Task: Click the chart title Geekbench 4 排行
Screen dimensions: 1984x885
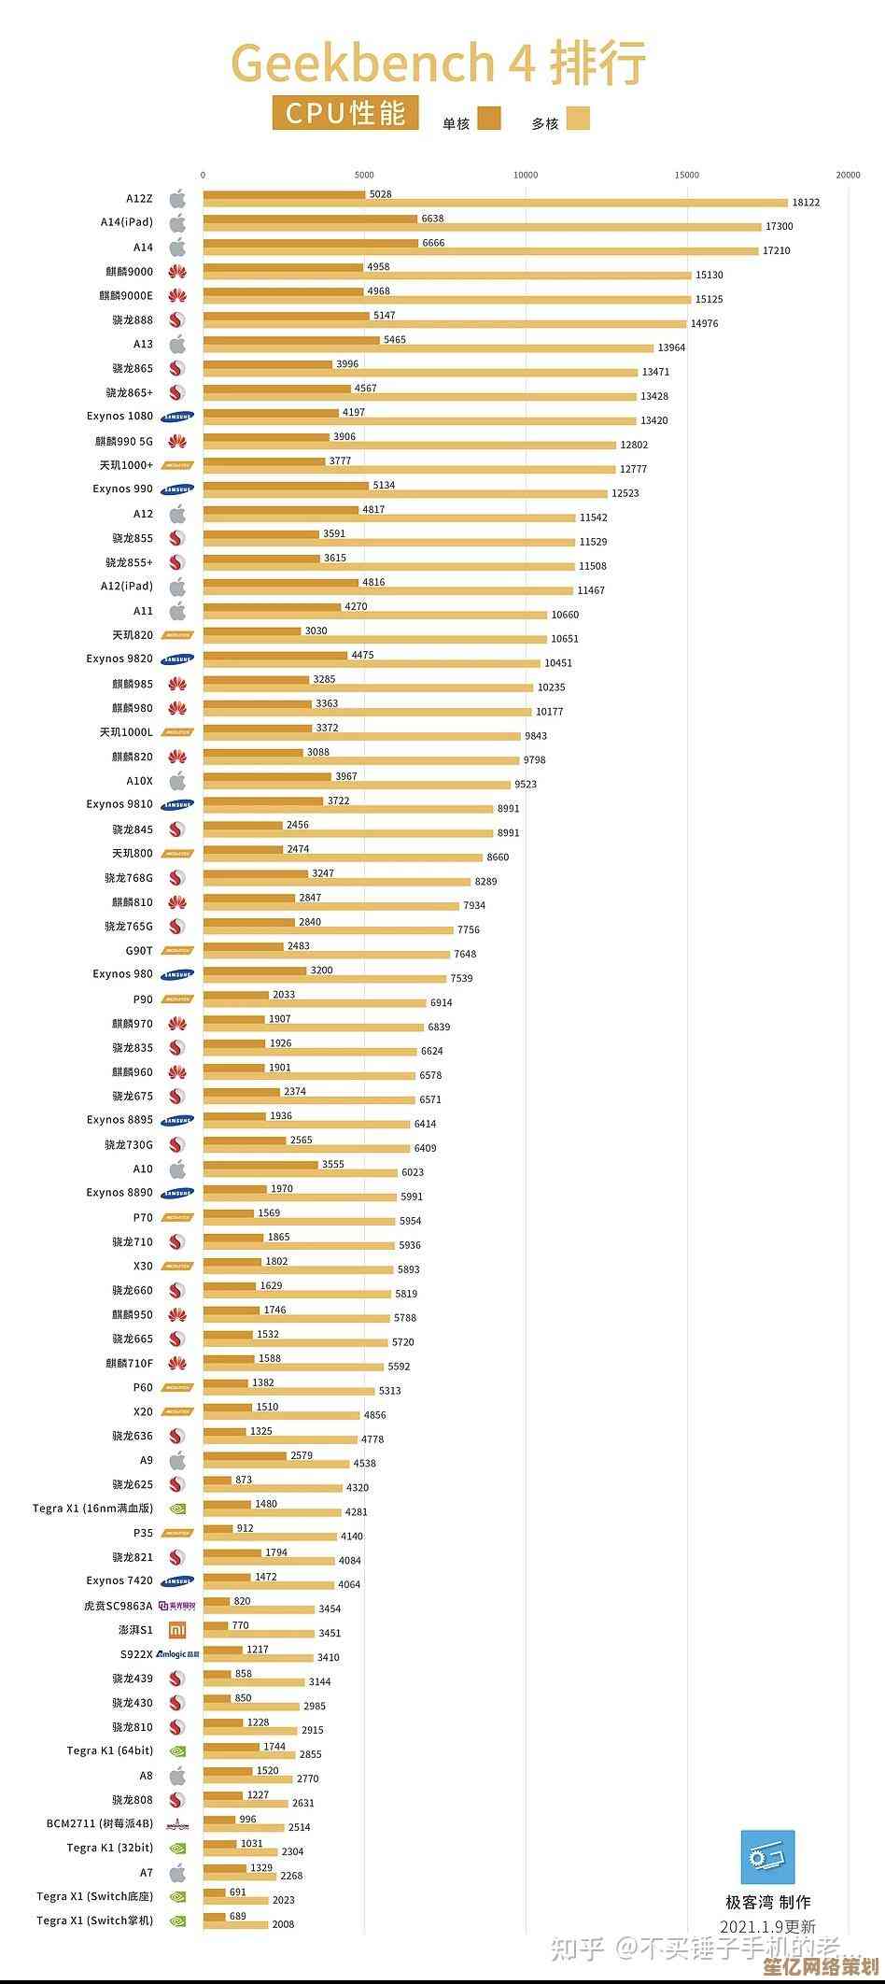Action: pyautogui.click(x=439, y=64)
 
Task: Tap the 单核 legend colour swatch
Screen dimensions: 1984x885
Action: pyautogui.click(x=489, y=118)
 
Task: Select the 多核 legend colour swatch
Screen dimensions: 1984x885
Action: pyautogui.click(x=578, y=118)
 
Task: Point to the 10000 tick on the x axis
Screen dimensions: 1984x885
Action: pyautogui.click(x=526, y=175)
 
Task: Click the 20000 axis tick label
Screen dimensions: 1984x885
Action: pyautogui.click(x=848, y=175)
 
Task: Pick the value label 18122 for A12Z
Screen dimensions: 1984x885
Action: pyautogui.click(x=806, y=203)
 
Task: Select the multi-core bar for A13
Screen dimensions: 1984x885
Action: pyautogui.click(x=428, y=347)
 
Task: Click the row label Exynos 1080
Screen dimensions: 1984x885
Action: pyautogui.click(x=119, y=417)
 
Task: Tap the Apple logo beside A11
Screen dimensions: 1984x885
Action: pyautogui.click(x=177, y=611)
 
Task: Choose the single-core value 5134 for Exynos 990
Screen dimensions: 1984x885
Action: pyautogui.click(x=384, y=486)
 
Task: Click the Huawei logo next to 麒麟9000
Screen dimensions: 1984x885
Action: pyautogui.click(x=177, y=272)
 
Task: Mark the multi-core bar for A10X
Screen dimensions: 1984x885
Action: pyautogui.click(x=357, y=785)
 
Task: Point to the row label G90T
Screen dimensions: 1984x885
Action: pyautogui.click(x=139, y=951)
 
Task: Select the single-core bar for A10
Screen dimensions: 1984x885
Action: pyautogui.click(x=260, y=1165)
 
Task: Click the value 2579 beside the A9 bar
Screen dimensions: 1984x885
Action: pyautogui.click(x=302, y=1455)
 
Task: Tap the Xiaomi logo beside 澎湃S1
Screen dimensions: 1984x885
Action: pyautogui.click(x=177, y=1630)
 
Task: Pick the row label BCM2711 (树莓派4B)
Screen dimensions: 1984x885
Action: pyautogui.click(x=100, y=1823)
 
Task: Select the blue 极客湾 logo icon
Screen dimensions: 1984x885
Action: pyautogui.click(x=767, y=1858)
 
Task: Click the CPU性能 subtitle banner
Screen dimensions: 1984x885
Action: pyautogui.click(x=345, y=113)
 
